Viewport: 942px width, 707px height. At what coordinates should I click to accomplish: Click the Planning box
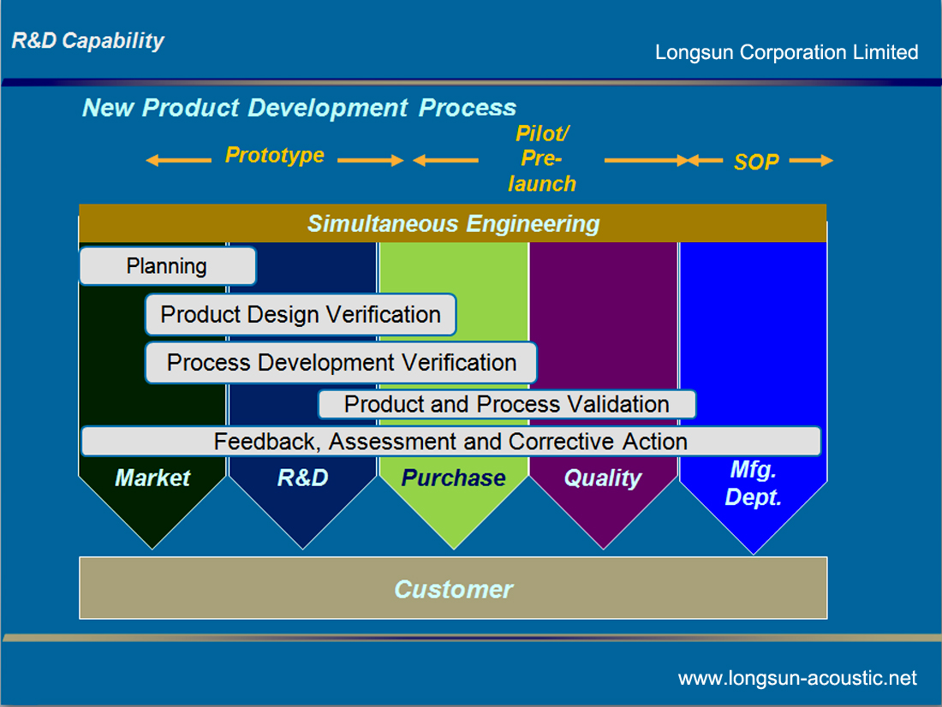pos(168,266)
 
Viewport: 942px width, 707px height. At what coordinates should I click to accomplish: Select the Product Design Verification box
pos(301,314)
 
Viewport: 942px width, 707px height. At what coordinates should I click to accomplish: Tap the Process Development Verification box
pos(341,363)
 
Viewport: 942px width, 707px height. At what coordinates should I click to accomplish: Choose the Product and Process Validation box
pos(506,404)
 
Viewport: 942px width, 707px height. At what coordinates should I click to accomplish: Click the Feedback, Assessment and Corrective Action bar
pos(450,442)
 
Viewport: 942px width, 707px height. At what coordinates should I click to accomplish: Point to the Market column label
pos(152,478)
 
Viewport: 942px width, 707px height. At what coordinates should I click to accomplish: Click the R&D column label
pos(303,478)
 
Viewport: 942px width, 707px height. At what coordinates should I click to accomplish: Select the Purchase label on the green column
pos(454,478)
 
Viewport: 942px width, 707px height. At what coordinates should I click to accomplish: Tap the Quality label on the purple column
pos(603,478)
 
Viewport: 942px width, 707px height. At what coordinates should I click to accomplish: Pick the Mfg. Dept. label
pos(754,484)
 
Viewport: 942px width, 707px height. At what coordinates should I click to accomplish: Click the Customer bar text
pos(454,589)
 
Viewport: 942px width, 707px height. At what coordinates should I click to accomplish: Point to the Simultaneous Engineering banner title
pos(454,223)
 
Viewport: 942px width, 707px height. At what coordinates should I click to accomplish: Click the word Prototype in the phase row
pos(275,156)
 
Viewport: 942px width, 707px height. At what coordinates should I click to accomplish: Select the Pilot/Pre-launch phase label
pos(542,158)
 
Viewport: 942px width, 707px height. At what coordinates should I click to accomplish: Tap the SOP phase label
pos(756,162)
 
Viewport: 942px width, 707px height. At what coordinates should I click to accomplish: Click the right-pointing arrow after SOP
pos(811,160)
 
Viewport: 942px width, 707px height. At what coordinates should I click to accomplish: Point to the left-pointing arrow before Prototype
pos(178,160)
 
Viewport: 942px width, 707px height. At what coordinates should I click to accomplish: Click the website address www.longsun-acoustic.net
pos(797,678)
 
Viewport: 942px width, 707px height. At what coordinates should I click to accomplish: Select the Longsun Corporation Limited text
pos(786,52)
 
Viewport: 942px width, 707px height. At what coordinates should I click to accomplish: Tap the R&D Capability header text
pos(87,41)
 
